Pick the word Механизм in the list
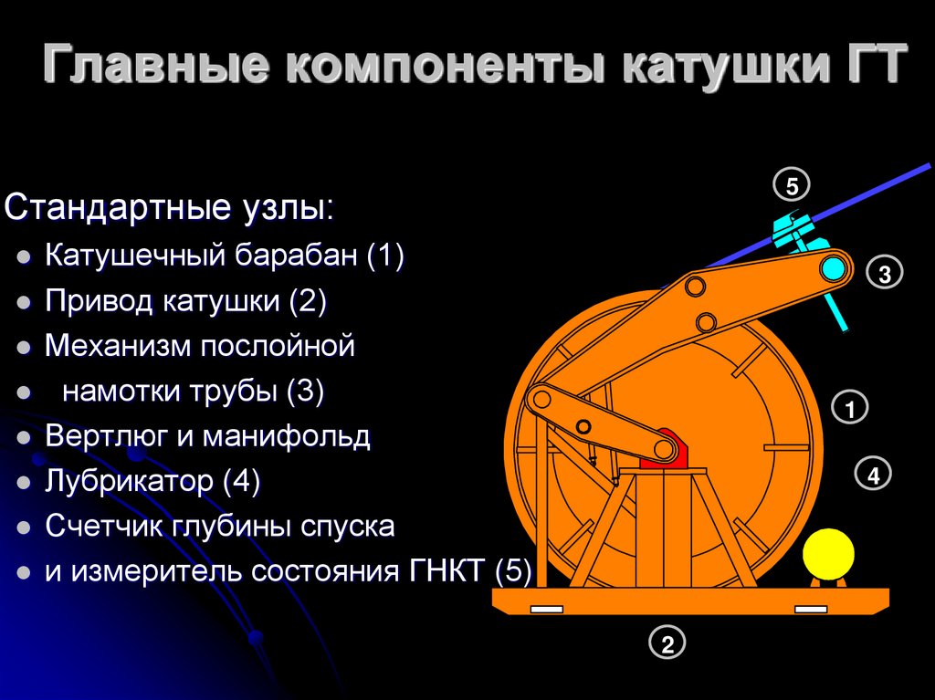pyautogui.click(x=119, y=346)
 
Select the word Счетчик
pyautogui.click(x=103, y=527)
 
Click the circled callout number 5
pyautogui.click(x=792, y=186)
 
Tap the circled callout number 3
pyautogui.click(x=885, y=272)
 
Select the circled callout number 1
pyautogui.click(x=849, y=408)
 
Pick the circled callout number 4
pyautogui.click(x=873, y=474)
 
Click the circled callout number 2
pyautogui.click(x=667, y=644)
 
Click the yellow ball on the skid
pyautogui.click(x=828, y=553)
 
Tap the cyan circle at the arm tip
pyautogui.click(x=833, y=268)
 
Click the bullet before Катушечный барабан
pyautogui.click(x=25, y=257)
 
